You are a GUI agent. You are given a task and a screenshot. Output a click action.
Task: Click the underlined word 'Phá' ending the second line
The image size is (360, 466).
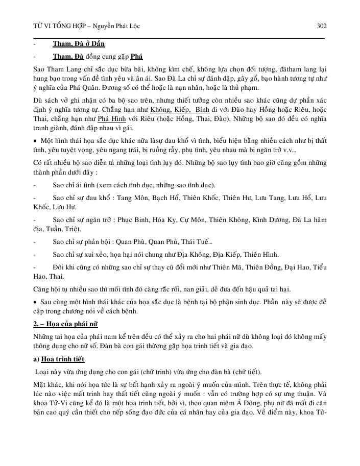137,57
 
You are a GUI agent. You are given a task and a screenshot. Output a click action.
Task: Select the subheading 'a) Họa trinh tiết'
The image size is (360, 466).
66,359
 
